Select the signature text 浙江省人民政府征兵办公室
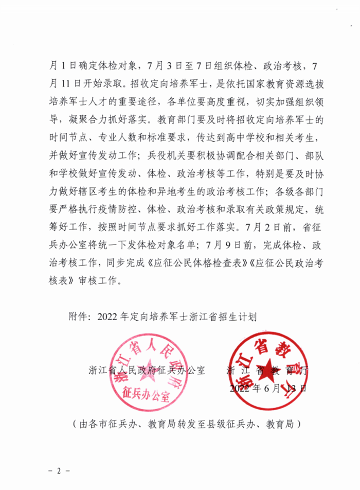pyautogui.click(x=147, y=370)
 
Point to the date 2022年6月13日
pyautogui.click(x=268, y=388)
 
